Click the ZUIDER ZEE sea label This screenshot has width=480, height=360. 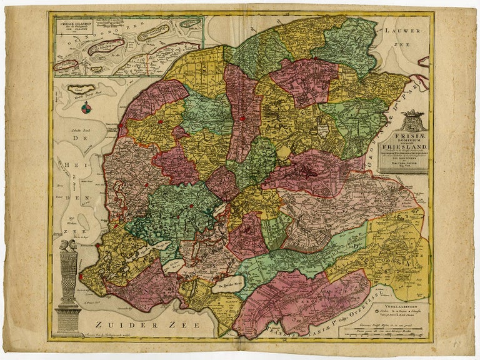pos(131,324)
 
